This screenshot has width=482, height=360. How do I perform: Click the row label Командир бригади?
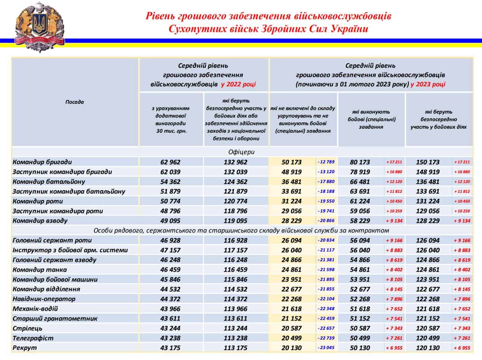42,162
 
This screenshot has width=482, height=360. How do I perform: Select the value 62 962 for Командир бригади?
170,162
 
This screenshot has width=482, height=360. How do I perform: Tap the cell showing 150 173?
427,162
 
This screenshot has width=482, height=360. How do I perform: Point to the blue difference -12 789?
326,162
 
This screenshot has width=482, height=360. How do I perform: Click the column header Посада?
75,102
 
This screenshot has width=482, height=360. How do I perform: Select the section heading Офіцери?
241,152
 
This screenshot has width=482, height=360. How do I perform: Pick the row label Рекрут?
25,348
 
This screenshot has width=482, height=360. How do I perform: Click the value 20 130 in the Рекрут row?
291,348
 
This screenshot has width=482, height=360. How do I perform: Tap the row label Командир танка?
40,270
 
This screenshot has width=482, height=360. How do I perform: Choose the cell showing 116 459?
235,270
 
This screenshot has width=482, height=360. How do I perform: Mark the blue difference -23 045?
326,348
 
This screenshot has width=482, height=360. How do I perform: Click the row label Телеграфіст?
33,338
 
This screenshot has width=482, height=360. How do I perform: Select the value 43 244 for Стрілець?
170,328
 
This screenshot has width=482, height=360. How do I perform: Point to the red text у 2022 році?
238,84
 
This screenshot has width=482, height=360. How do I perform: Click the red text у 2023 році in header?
428,84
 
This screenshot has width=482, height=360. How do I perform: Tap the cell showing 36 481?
291,182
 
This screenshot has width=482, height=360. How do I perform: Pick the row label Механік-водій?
35,309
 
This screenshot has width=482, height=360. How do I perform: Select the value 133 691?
427,192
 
